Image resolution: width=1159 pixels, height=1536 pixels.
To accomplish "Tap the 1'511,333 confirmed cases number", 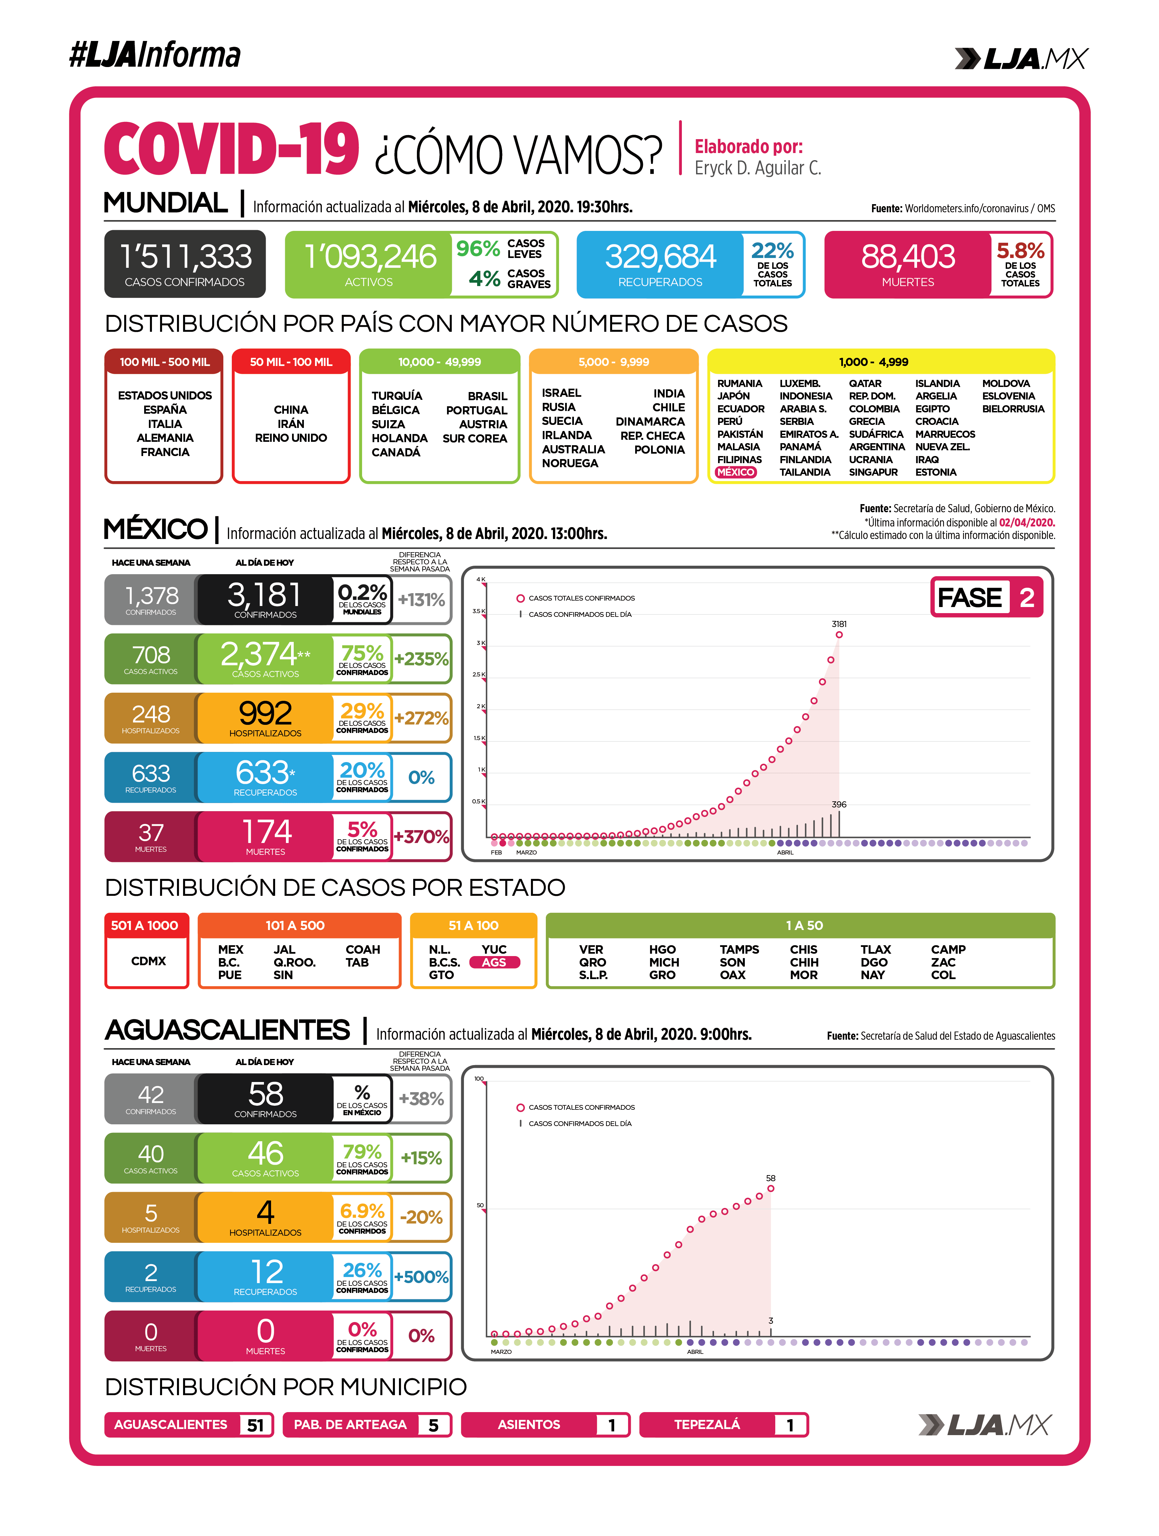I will (x=185, y=256).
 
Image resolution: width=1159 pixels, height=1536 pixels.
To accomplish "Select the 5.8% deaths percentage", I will (x=1020, y=250).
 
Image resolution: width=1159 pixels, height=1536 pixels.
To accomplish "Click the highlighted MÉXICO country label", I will (x=736, y=472).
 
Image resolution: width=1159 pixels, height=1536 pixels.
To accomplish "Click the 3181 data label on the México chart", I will (x=839, y=624).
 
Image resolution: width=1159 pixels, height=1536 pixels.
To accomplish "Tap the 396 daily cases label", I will (x=839, y=804).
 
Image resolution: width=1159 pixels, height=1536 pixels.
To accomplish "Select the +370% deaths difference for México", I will (x=421, y=837).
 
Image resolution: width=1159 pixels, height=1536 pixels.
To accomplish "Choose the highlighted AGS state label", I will (x=494, y=962).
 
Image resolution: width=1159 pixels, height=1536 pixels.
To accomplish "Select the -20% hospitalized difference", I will (x=421, y=1217).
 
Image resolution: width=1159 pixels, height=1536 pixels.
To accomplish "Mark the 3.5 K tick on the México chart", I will (x=478, y=611).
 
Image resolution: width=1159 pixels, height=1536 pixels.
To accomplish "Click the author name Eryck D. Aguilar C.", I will (x=758, y=168).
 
